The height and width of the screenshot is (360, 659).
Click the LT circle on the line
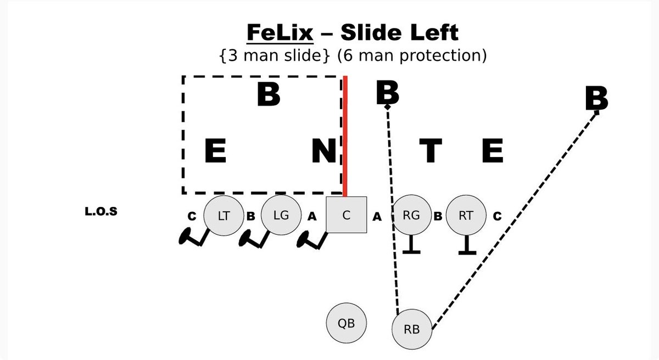(x=224, y=216)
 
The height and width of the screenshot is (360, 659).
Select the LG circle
(x=281, y=216)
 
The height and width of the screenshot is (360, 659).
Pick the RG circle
(x=411, y=216)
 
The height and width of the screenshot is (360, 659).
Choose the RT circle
(x=466, y=216)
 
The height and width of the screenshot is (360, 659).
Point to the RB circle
(x=412, y=329)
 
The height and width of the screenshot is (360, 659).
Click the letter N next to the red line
(x=323, y=151)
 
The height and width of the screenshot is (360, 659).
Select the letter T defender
(x=430, y=151)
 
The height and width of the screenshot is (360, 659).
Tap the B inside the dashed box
(x=269, y=95)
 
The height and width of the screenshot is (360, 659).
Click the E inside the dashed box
(x=215, y=151)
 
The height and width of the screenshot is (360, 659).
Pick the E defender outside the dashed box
(x=492, y=151)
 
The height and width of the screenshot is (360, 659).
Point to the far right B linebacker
(x=596, y=99)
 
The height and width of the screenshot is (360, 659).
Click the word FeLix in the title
(x=280, y=33)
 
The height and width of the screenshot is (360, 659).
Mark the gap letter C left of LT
(x=192, y=216)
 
